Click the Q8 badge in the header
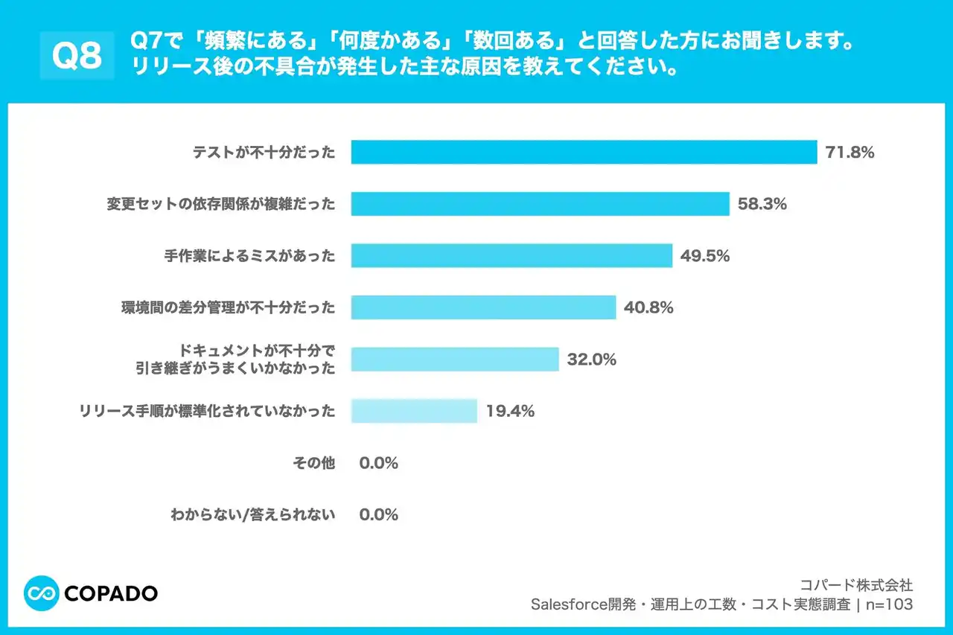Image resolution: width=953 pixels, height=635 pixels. click(77, 55)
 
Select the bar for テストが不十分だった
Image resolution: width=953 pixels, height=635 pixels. click(584, 153)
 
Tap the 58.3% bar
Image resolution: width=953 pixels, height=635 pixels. click(540, 204)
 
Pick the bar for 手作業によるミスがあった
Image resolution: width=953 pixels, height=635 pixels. click(511, 255)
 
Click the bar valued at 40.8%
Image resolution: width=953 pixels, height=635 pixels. click(483, 307)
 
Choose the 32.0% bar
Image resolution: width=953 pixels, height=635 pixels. click(455, 359)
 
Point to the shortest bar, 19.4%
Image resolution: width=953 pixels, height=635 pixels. click(414, 410)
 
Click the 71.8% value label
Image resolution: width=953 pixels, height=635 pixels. click(850, 153)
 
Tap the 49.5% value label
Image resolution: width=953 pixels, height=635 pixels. click(704, 255)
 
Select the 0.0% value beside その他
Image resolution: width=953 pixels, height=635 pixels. click(378, 462)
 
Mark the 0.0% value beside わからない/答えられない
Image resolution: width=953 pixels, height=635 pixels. click(378, 514)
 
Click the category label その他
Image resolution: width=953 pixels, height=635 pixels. click(314, 462)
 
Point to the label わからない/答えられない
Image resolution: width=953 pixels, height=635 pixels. click(253, 514)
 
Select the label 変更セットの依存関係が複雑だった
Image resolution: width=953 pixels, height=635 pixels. click(221, 204)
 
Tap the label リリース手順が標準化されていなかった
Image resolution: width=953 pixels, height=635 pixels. click(208, 410)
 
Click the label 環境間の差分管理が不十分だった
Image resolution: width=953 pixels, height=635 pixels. click(228, 307)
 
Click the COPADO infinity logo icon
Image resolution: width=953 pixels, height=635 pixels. click(42, 593)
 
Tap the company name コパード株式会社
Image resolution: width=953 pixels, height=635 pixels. click(855, 585)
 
